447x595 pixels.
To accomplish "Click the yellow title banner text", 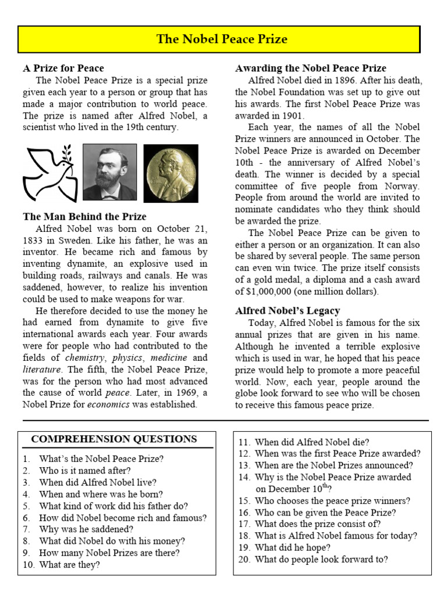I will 222,40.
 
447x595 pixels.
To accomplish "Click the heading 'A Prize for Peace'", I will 63,68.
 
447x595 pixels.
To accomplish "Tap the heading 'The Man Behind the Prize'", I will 84,217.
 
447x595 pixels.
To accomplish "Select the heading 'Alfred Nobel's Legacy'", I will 288,310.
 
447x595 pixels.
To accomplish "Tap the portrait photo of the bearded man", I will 109,173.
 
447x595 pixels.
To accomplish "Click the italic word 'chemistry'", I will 86,358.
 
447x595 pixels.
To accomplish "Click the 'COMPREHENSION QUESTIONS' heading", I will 114,439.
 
